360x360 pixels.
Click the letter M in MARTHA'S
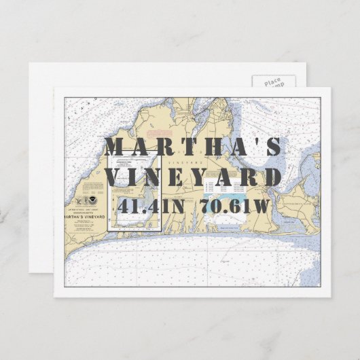(116, 147)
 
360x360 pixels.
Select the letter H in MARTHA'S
(195, 147)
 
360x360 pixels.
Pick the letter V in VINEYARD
(116, 177)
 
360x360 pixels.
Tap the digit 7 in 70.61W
(206, 206)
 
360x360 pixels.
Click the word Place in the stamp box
(273, 82)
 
